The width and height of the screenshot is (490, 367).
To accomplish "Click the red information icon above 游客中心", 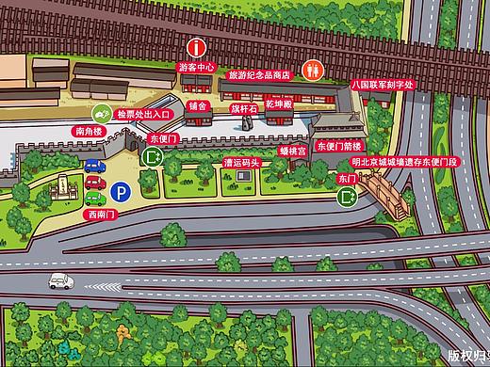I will [196, 46].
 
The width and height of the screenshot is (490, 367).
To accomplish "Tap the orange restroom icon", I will [312, 69].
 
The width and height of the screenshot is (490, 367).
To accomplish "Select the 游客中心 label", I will [197, 68].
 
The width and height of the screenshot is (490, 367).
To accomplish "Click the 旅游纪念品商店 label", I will [258, 72].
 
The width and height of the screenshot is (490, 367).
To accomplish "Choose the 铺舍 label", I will [198, 105].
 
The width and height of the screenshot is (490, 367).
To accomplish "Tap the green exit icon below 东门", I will [347, 197].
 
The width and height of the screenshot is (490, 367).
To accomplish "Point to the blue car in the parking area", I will [94, 167].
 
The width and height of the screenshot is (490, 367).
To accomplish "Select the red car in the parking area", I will [94, 182].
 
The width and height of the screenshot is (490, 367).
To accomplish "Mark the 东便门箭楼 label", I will [337, 147].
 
